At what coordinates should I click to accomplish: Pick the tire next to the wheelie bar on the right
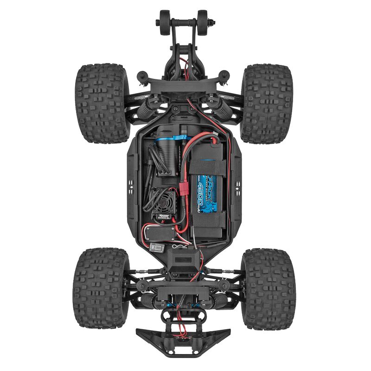(x=267, y=103)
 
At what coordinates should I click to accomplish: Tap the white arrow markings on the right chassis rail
(x=238, y=186)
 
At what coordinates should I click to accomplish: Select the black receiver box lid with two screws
(x=160, y=232)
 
